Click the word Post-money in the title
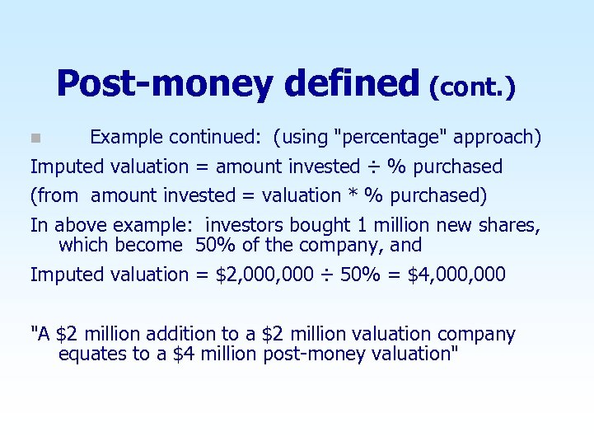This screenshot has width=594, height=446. [x=165, y=84]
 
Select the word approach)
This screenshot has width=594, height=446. [x=503, y=137]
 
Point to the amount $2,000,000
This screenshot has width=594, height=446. [x=264, y=275]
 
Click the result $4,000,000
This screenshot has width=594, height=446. [x=456, y=275]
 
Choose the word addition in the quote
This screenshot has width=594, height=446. [x=184, y=335]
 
